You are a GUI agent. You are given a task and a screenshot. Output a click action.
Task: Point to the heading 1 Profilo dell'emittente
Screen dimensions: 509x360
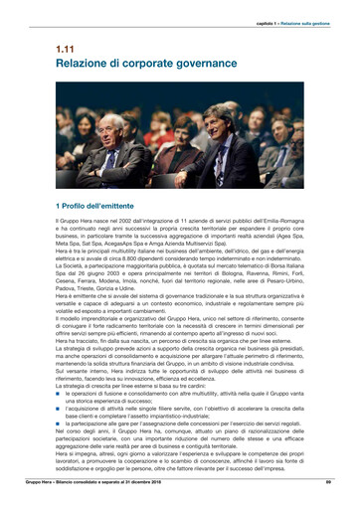(98, 204)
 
